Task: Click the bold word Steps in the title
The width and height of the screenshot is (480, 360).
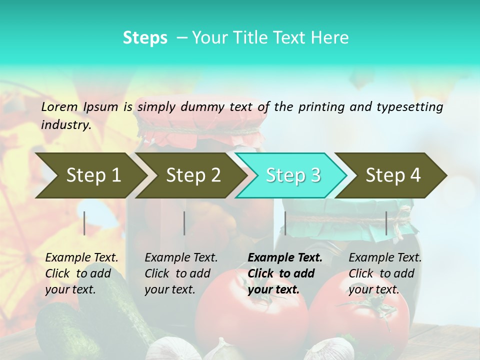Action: [145, 38]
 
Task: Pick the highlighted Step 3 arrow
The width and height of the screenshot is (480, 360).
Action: [293, 175]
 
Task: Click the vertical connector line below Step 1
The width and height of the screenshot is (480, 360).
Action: [84, 223]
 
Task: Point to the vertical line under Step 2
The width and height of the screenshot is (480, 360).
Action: [184, 223]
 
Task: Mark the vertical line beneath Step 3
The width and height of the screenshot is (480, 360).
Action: [285, 223]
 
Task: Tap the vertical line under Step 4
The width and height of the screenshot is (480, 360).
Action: [386, 223]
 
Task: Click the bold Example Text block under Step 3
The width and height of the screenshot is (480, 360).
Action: [285, 273]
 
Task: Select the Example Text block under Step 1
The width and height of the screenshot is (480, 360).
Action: [81, 273]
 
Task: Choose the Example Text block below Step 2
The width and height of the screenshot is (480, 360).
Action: [181, 273]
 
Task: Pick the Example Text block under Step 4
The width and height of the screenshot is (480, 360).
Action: [385, 273]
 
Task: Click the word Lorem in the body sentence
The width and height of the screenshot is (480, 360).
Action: [59, 106]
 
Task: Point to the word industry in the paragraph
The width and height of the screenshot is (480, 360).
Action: [66, 124]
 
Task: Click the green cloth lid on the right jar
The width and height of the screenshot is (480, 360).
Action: [350, 212]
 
